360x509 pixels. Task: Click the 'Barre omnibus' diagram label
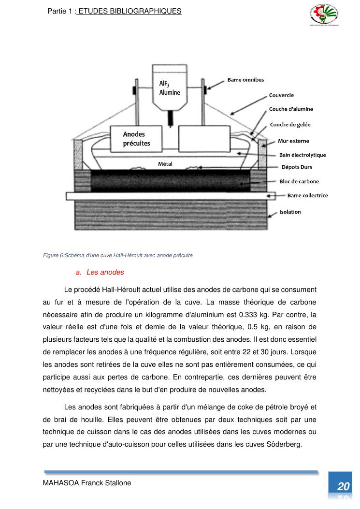click(x=245, y=80)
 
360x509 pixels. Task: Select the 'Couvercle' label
click(x=281, y=95)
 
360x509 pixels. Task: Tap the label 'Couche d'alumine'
click(x=291, y=109)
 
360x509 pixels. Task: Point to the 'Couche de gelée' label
click(x=290, y=125)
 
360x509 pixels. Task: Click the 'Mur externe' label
click(x=293, y=141)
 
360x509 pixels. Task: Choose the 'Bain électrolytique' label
click(x=302, y=155)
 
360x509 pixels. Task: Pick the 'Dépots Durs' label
click(x=297, y=167)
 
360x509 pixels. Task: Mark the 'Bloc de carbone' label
click(x=299, y=182)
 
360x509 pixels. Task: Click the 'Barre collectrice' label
click(x=307, y=196)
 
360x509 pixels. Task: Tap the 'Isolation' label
click(x=290, y=212)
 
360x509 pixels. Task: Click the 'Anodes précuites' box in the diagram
click(x=136, y=138)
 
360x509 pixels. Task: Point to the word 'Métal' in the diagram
click(x=165, y=164)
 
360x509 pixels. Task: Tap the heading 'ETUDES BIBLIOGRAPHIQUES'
click(x=130, y=11)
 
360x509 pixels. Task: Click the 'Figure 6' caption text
click(x=118, y=255)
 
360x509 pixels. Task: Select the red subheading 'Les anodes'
click(x=105, y=272)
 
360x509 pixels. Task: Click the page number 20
click(x=344, y=486)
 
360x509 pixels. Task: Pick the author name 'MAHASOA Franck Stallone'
click(x=87, y=483)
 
